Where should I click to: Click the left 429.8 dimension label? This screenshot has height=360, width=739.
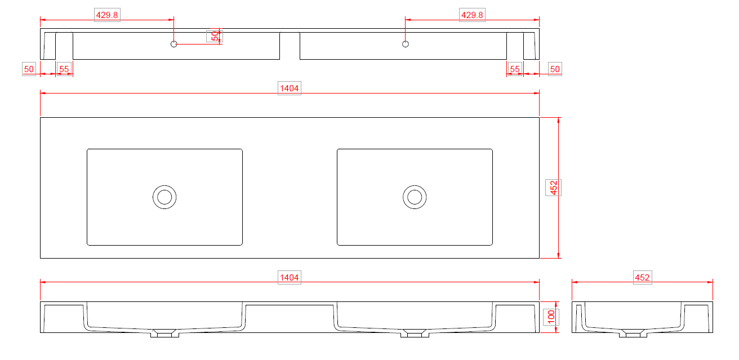pyautogui.click(x=107, y=15)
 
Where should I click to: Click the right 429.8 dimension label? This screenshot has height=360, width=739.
pyautogui.click(x=472, y=15)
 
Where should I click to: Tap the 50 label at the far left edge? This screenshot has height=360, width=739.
pyautogui.click(x=29, y=69)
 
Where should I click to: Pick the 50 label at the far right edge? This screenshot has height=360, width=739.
pyautogui.click(x=555, y=69)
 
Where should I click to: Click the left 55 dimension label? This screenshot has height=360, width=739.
pyautogui.click(x=64, y=69)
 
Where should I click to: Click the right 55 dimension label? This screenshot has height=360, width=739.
pyautogui.click(x=515, y=69)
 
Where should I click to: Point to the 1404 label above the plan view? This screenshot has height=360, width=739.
pyautogui.click(x=289, y=88)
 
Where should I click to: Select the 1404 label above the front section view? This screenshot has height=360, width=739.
pyautogui.click(x=289, y=277)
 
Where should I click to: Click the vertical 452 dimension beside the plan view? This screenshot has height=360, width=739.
pyautogui.click(x=554, y=188)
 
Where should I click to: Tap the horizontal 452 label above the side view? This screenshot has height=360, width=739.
pyautogui.click(x=642, y=277)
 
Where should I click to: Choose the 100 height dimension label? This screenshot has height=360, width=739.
pyautogui.click(x=552, y=317)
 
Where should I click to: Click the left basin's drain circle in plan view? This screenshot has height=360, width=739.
pyautogui.click(x=164, y=197)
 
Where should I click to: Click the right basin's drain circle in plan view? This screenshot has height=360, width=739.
pyautogui.click(x=415, y=197)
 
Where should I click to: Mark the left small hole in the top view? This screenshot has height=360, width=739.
pyautogui.click(x=174, y=44)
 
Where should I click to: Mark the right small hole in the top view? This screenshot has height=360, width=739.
pyautogui.click(x=406, y=44)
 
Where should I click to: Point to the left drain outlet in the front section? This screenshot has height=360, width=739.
pyautogui.click(x=164, y=334)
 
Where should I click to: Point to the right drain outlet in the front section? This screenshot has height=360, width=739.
pyautogui.click(x=415, y=334)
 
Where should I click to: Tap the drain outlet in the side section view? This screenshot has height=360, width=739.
pyautogui.click(x=633, y=334)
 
